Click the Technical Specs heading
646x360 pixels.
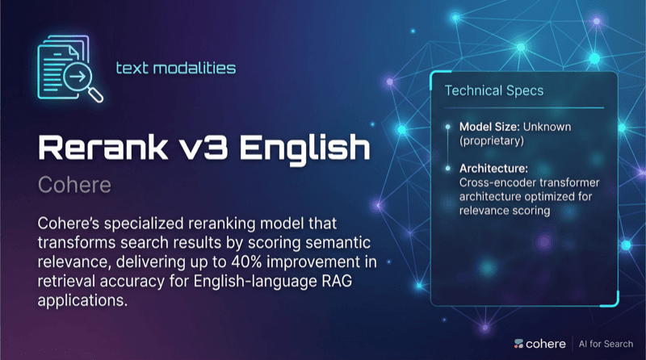click(483, 90)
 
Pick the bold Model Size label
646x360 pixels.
click(489, 128)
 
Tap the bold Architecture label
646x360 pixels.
click(493, 170)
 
